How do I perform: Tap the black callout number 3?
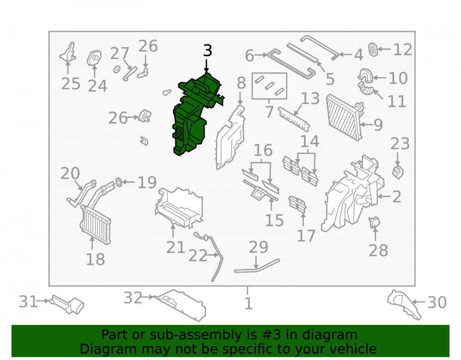click(207, 51)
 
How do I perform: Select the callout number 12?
click(402, 49)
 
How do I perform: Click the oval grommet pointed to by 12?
click(373, 49)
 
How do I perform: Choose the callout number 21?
click(176, 247)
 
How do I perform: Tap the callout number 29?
click(259, 247)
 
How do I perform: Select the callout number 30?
click(437, 302)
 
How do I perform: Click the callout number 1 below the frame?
click(248, 303)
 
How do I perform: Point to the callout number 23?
click(400, 144)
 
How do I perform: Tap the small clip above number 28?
click(374, 222)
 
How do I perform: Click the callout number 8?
click(241, 83)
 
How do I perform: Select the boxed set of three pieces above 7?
click(269, 86)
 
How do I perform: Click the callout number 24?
click(97, 86)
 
